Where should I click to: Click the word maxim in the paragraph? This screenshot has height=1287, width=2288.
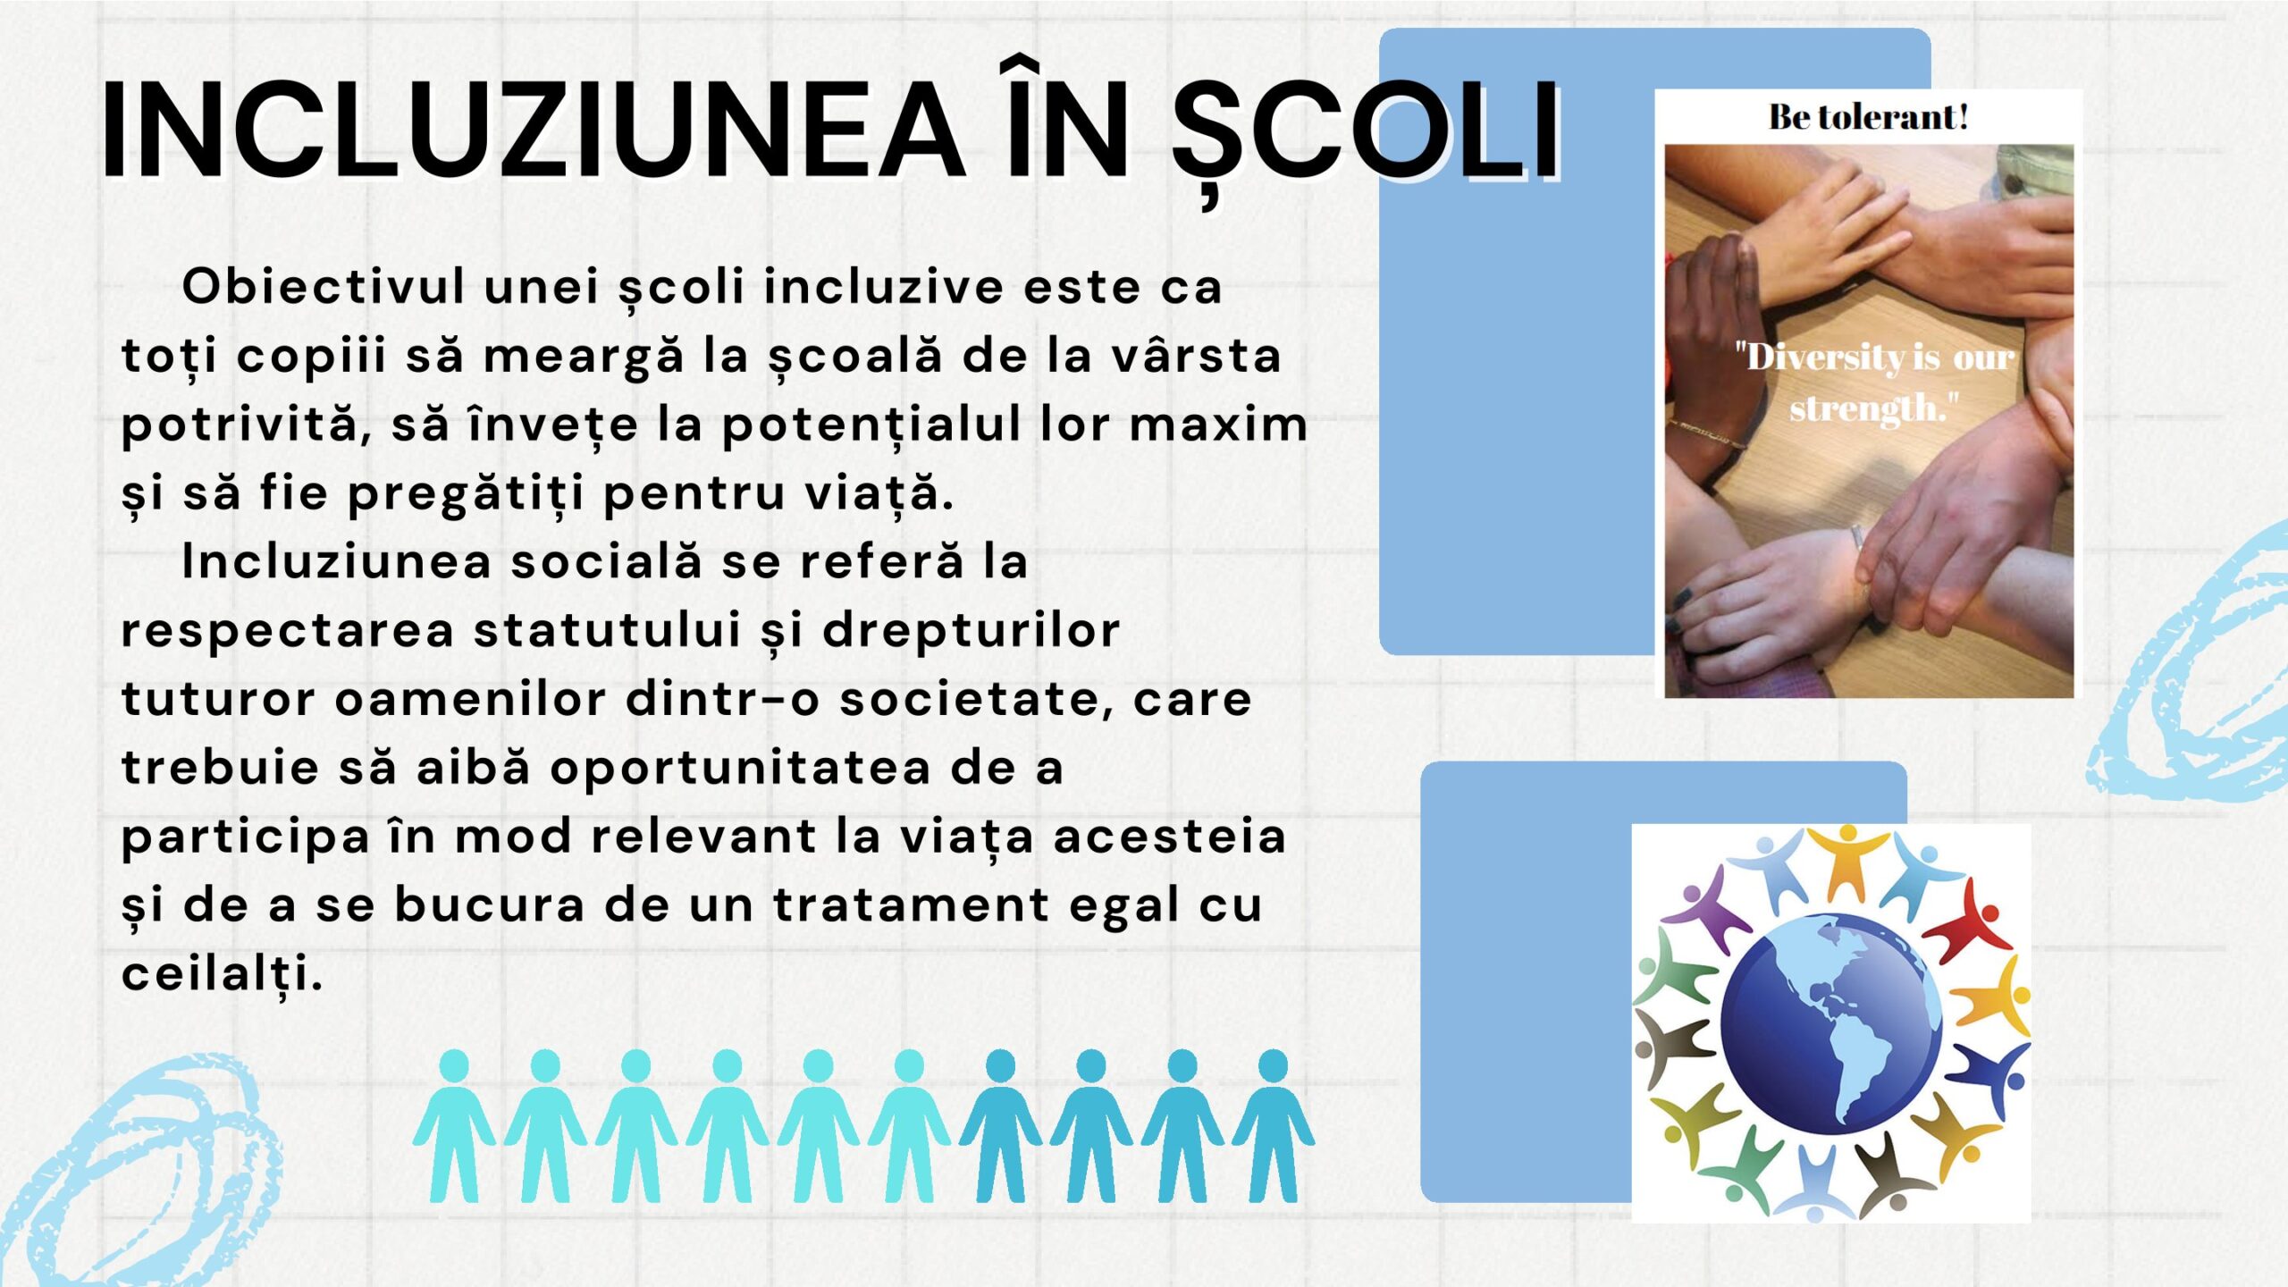(x=1219, y=424)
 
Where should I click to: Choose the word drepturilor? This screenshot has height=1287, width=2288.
(x=971, y=631)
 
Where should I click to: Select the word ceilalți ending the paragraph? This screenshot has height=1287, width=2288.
(x=222, y=974)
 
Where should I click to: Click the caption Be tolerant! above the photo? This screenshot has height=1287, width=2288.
(x=1869, y=117)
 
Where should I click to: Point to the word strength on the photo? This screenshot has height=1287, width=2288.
(x=1868, y=408)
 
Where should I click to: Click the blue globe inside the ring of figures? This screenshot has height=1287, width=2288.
(x=1831, y=1022)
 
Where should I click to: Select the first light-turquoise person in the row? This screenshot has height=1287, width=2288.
(x=454, y=1126)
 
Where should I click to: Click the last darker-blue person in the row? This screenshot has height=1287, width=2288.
(x=1273, y=1126)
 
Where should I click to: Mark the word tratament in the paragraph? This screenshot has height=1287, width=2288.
(x=911, y=904)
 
